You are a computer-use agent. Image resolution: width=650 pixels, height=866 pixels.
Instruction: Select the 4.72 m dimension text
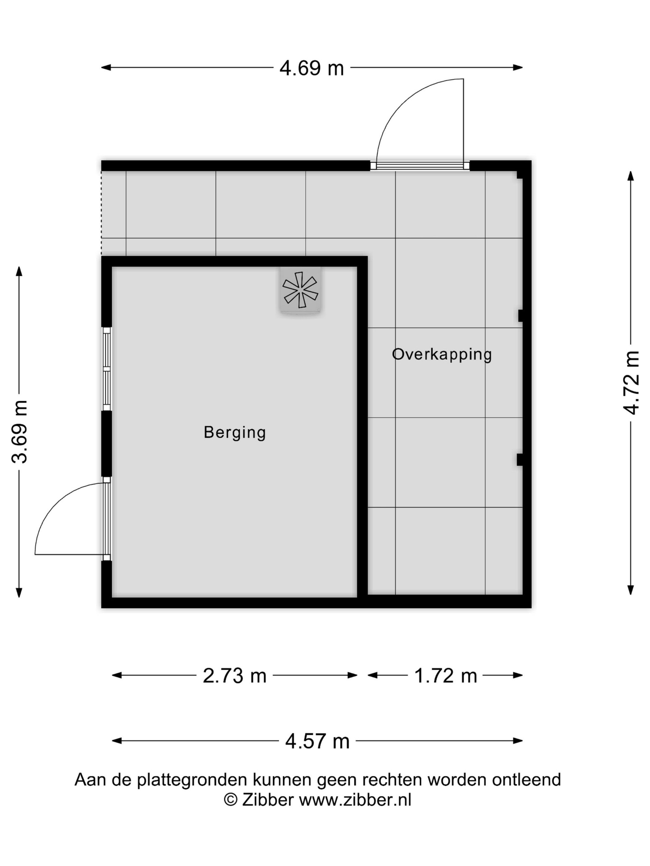[x=631, y=383]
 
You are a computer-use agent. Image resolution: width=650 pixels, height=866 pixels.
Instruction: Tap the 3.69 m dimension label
[x=19, y=432]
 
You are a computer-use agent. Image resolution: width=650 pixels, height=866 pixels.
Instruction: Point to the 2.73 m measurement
[x=234, y=676]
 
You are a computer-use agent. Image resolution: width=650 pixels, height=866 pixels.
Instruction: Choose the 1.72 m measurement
[x=445, y=676]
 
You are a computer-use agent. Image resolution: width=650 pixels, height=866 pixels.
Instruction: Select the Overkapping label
[x=442, y=354]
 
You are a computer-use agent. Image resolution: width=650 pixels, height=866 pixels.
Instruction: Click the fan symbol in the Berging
[x=300, y=290]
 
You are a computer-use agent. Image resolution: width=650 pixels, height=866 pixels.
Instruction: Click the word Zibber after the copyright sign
[x=268, y=800]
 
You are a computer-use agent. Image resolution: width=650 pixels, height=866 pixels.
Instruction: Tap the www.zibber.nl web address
[x=355, y=800]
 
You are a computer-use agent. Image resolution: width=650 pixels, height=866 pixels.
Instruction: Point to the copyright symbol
[x=230, y=800]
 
